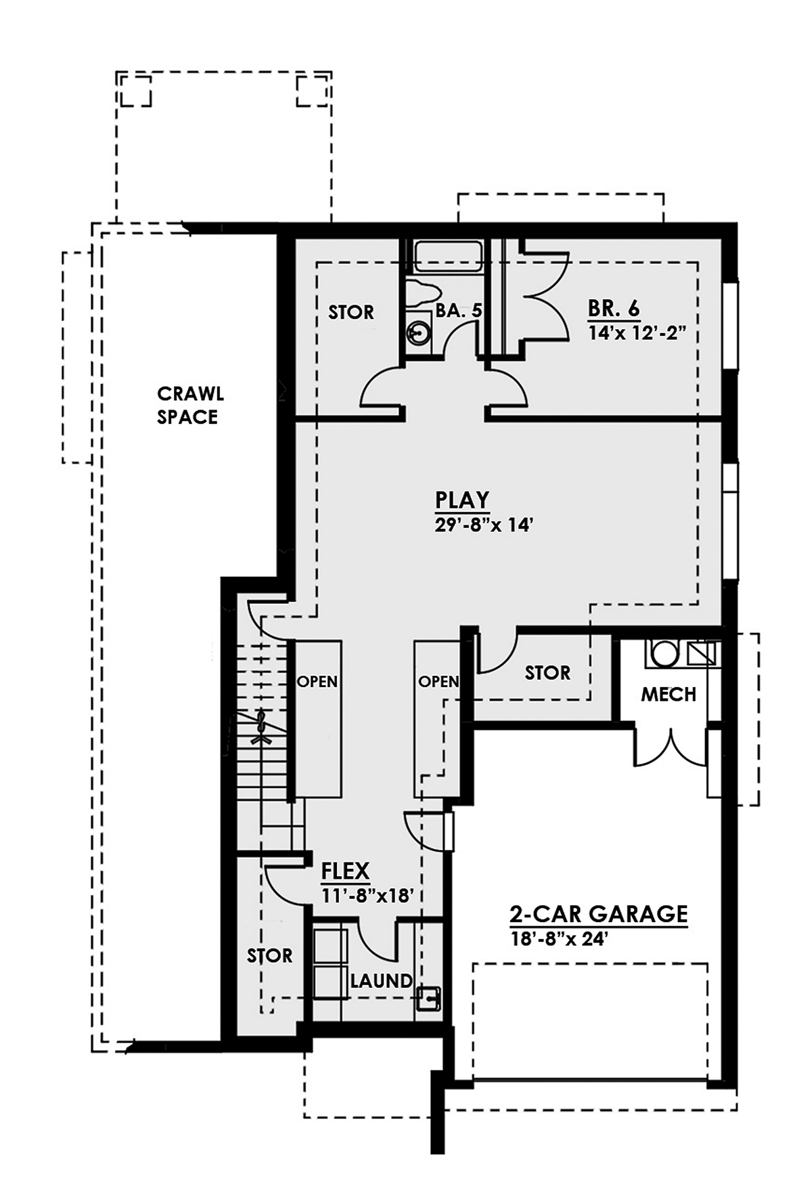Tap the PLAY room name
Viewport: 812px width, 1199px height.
461,500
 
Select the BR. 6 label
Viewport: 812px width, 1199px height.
613,309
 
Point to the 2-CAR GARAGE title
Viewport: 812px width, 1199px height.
598,914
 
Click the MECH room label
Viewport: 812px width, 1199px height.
669,694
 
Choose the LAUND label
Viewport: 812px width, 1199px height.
381,980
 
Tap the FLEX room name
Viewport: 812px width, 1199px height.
345,870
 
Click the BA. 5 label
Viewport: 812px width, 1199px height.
459,311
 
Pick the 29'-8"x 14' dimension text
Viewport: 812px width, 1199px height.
480,525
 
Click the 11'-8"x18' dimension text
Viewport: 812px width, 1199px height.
367,895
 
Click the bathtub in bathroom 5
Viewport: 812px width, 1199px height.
448,258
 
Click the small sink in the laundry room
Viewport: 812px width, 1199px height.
428,998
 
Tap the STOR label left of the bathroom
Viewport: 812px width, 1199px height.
351,312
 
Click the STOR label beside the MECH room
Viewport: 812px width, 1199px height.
547,672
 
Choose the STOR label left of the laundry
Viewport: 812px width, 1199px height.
269,956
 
